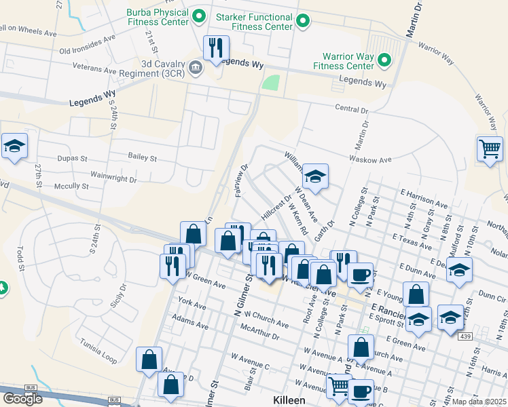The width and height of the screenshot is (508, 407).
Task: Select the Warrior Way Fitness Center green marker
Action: pos(384,60)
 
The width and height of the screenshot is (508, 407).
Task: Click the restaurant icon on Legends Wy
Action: pos(216,47)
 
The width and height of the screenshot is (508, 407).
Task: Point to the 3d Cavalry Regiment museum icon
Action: pos(196,66)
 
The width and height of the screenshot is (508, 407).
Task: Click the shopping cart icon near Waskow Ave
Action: pos(490,147)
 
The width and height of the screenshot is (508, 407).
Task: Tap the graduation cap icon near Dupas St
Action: pos(14,146)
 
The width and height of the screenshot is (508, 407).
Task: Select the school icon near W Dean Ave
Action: pos(314,176)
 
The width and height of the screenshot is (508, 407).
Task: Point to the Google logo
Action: pos(22,399)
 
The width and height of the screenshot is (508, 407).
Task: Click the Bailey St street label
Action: pos(142,157)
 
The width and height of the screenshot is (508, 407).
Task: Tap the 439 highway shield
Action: pos(465,336)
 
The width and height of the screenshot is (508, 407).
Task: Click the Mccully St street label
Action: pos(71,186)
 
